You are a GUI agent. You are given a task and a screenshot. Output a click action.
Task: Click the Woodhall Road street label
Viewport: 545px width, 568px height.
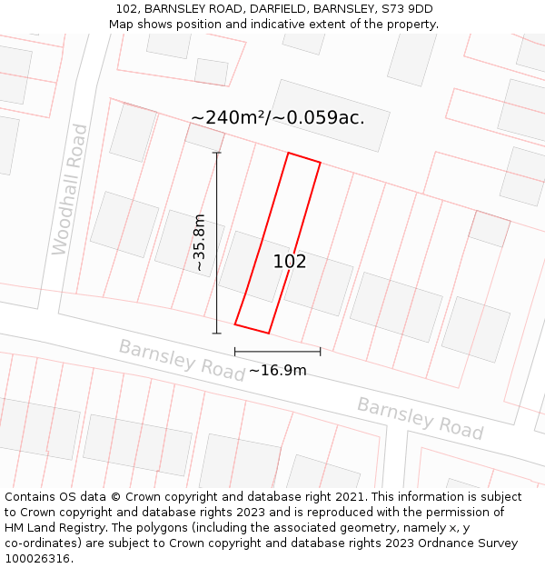tap(70, 189)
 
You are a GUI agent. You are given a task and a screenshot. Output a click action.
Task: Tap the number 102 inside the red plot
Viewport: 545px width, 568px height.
tap(290, 262)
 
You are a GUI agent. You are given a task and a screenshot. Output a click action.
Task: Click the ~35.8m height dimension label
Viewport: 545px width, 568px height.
tap(200, 243)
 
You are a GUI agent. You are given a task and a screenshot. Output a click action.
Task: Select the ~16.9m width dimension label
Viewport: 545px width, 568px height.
tap(277, 370)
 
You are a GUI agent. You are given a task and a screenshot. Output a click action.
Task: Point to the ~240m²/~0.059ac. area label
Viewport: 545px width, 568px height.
tap(277, 118)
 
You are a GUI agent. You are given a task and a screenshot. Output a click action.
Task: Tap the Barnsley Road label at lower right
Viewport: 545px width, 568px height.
tap(419, 417)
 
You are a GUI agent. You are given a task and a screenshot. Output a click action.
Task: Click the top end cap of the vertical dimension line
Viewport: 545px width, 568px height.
tap(216, 153)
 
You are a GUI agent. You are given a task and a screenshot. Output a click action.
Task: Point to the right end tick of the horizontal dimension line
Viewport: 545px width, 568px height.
tap(321, 352)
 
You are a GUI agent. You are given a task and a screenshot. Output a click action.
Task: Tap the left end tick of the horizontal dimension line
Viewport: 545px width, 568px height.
tap(234, 352)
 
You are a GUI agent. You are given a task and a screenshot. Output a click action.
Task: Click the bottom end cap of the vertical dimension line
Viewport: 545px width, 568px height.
tap(216, 334)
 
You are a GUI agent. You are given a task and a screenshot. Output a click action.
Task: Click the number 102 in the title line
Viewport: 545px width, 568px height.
tap(127, 9)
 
